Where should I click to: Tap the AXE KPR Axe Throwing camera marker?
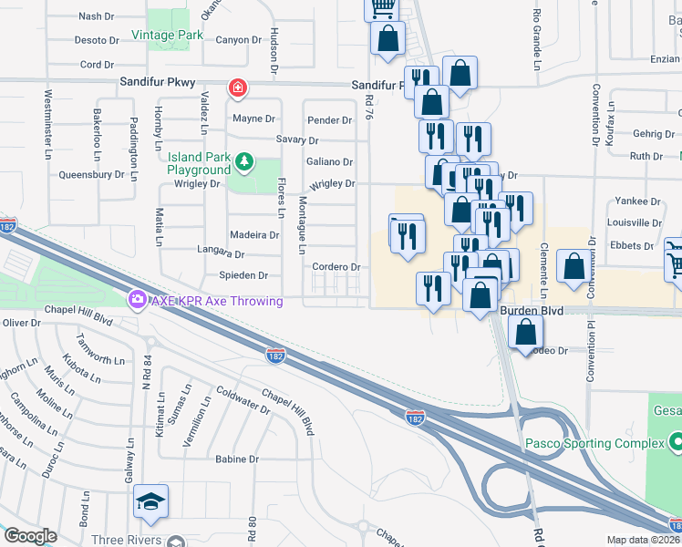(138, 298)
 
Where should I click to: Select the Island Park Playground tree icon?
(243, 162)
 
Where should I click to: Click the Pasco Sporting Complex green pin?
(676, 443)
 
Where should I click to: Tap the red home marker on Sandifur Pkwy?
(237, 88)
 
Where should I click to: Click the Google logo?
(30, 536)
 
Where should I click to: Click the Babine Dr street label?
(237, 459)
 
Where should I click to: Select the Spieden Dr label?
(243, 275)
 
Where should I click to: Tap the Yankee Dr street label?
(638, 201)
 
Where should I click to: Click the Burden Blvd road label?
(532, 311)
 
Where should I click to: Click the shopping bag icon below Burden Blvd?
(526, 333)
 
